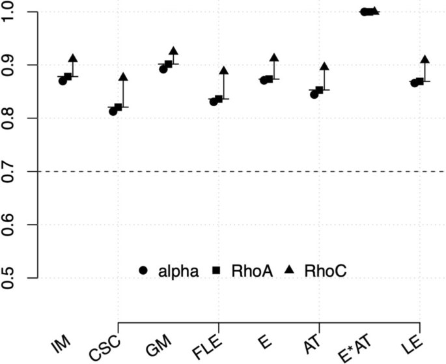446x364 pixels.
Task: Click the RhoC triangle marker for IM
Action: [73, 59]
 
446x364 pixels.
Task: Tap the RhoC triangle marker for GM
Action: [173, 51]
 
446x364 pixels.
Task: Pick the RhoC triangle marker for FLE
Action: [223, 70]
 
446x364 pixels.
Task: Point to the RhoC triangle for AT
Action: [324, 66]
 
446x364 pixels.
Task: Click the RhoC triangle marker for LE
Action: [425, 60]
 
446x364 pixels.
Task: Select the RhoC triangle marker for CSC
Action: [123, 77]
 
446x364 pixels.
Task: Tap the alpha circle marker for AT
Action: [314, 94]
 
